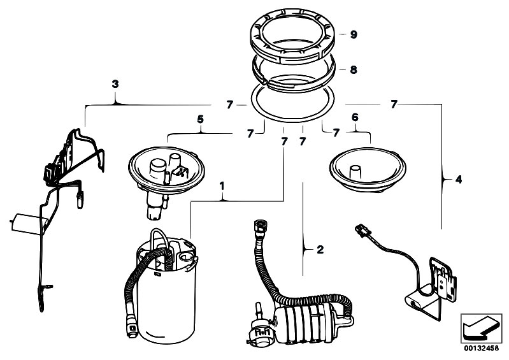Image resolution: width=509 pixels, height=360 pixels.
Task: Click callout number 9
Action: [354, 34]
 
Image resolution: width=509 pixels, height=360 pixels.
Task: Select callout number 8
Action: [354, 69]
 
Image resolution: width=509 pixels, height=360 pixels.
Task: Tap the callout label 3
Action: [115, 83]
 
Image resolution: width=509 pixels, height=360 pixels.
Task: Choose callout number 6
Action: [355, 118]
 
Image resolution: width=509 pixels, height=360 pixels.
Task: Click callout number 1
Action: [222, 186]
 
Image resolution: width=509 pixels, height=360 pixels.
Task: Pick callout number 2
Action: [321, 248]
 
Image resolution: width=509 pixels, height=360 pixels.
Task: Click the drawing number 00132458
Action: [480, 347]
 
